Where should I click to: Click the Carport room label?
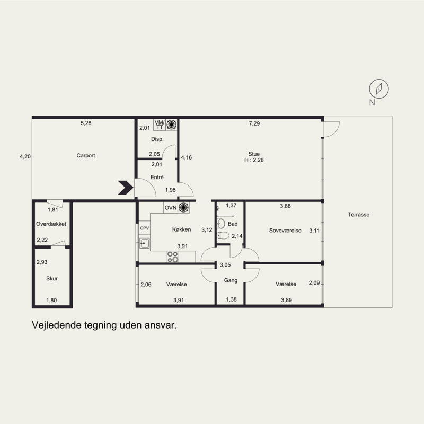click(x=86, y=155)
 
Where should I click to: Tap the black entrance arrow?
click(x=126, y=188)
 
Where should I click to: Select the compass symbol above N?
click(x=379, y=89)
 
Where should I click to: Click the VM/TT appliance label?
click(x=160, y=125)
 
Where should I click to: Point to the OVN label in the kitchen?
click(x=171, y=208)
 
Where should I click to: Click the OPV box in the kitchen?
click(x=144, y=228)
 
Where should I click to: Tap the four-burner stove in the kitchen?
click(x=173, y=257)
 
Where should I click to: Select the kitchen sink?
click(x=144, y=243)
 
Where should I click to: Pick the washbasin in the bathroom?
click(x=221, y=224)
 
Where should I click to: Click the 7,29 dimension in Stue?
click(x=254, y=123)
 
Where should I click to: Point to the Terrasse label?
click(x=358, y=215)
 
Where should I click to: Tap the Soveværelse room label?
click(x=285, y=231)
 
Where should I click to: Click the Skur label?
click(x=52, y=279)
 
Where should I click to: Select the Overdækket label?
click(x=51, y=224)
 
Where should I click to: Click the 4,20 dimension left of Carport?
click(x=25, y=156)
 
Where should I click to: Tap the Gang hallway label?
click(x=231, y=281)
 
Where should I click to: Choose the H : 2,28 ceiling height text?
click(x=254, y=160)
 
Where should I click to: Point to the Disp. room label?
click(x=157, y=139)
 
